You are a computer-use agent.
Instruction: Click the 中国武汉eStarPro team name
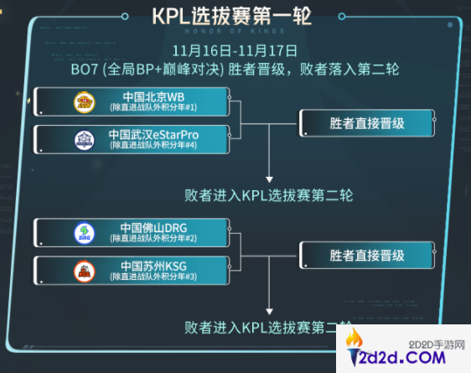tap(158, 134)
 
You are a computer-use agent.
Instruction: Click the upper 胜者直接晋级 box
tap(367, 122)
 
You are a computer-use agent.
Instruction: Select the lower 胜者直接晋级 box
tap(367, 253)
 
